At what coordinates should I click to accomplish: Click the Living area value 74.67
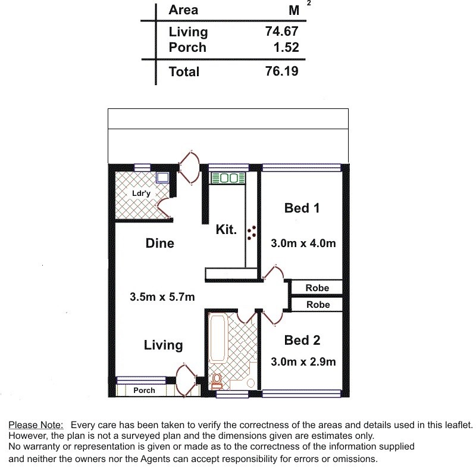[281, 32]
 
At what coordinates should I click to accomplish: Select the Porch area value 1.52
[286, 47]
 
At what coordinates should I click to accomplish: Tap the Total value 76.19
[281, 71]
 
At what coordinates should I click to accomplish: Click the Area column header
[183, 10]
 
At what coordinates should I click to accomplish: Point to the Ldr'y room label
[141, 193]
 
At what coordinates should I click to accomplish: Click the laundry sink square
[162, 177]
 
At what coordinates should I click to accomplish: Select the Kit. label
[226, 229]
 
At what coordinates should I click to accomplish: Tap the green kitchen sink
[228, 178]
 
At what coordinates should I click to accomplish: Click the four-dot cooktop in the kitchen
[252, 233]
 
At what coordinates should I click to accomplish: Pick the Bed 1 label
[302, 208]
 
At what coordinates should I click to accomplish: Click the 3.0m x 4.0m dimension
[303, 244]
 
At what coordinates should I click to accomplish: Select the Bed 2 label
[302, 341]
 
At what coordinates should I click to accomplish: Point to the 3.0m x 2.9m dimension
[303, 361]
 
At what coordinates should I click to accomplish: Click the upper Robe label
[317, 288]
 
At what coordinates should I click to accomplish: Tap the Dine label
[160, 244]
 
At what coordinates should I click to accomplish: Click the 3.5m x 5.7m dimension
[162, 297]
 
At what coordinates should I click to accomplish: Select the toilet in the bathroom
[217, 382]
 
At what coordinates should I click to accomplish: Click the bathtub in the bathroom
[218, 339]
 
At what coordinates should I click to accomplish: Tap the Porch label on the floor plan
[144, 390]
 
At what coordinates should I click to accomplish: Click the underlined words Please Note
[36, 425]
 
